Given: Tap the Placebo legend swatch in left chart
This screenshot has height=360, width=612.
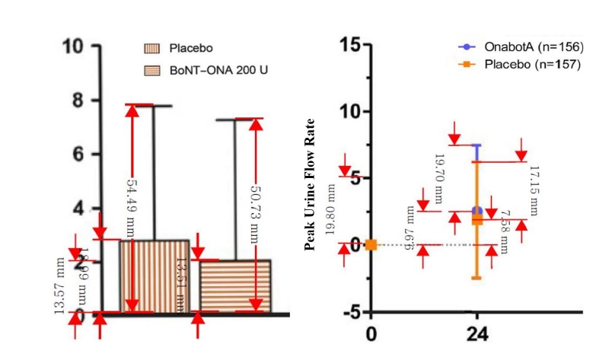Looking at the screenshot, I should pos(155,49).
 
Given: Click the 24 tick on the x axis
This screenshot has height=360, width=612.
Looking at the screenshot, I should pos(477,336).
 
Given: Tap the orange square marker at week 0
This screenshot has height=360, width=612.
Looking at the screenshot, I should pos(371,244).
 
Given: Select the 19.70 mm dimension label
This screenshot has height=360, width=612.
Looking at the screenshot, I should pos(438,178).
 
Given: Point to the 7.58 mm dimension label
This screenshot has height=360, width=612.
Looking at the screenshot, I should pos(503,229).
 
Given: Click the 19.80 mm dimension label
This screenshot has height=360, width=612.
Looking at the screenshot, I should pos(330,209).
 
